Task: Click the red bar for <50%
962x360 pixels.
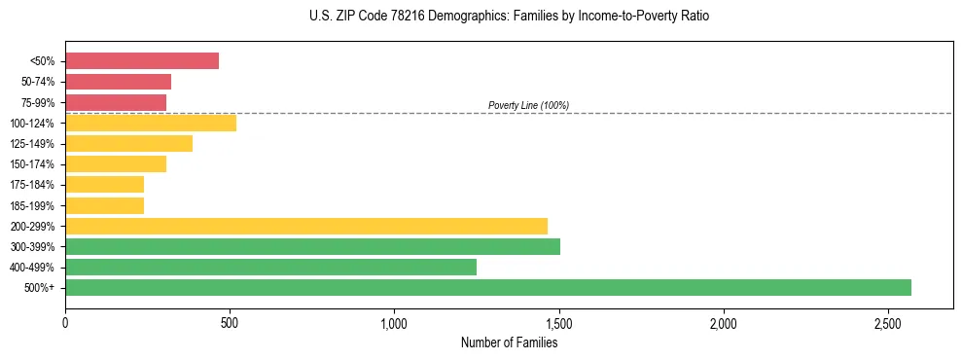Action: click(x=142, y=60)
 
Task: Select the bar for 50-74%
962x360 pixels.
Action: click(x=118, y=82)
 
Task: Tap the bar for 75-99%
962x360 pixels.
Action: click(x=116, y=102)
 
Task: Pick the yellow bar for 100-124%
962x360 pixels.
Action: click(x=151, y=123)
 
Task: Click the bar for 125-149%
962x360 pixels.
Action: click(x=128, y=143)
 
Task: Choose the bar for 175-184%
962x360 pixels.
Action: click(x=104, y=184)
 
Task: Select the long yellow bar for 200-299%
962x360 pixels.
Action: click(x=306, y=226)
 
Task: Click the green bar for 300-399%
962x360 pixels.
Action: click(x=312, y=246)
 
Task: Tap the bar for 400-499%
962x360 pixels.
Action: click(x=270, y=267)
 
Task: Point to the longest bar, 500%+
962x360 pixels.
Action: click(x=488, y=287)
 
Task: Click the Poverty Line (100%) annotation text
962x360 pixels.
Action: click(x=528, y=105)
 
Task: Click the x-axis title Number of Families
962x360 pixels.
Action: click(x=509, y=342)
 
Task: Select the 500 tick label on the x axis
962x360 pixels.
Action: click(x=230, y=322)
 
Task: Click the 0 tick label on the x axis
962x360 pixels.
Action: click(x=65, y=322)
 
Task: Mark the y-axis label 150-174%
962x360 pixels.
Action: click(x=32, y=164)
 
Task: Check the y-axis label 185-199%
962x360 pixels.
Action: click(x=32, y=205)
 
